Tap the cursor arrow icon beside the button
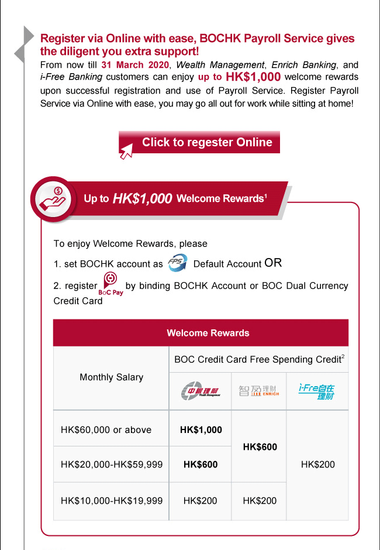(127, 153)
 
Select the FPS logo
(177, 263)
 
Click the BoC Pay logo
(110, 284)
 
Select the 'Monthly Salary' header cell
(111, 377)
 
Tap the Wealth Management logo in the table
(200, 391)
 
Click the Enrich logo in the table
(259, 391)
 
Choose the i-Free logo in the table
(317, 391)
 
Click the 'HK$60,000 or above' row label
(106, 429)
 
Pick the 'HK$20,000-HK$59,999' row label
(111, 465)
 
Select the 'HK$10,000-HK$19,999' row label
(111, 501)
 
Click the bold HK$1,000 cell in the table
(201, 429)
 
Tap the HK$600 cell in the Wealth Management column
(201, 465)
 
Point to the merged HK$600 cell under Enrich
(260, 447)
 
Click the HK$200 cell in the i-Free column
(317, 465)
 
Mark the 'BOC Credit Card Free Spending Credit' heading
(259, 360)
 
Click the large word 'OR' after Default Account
(273, 263)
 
